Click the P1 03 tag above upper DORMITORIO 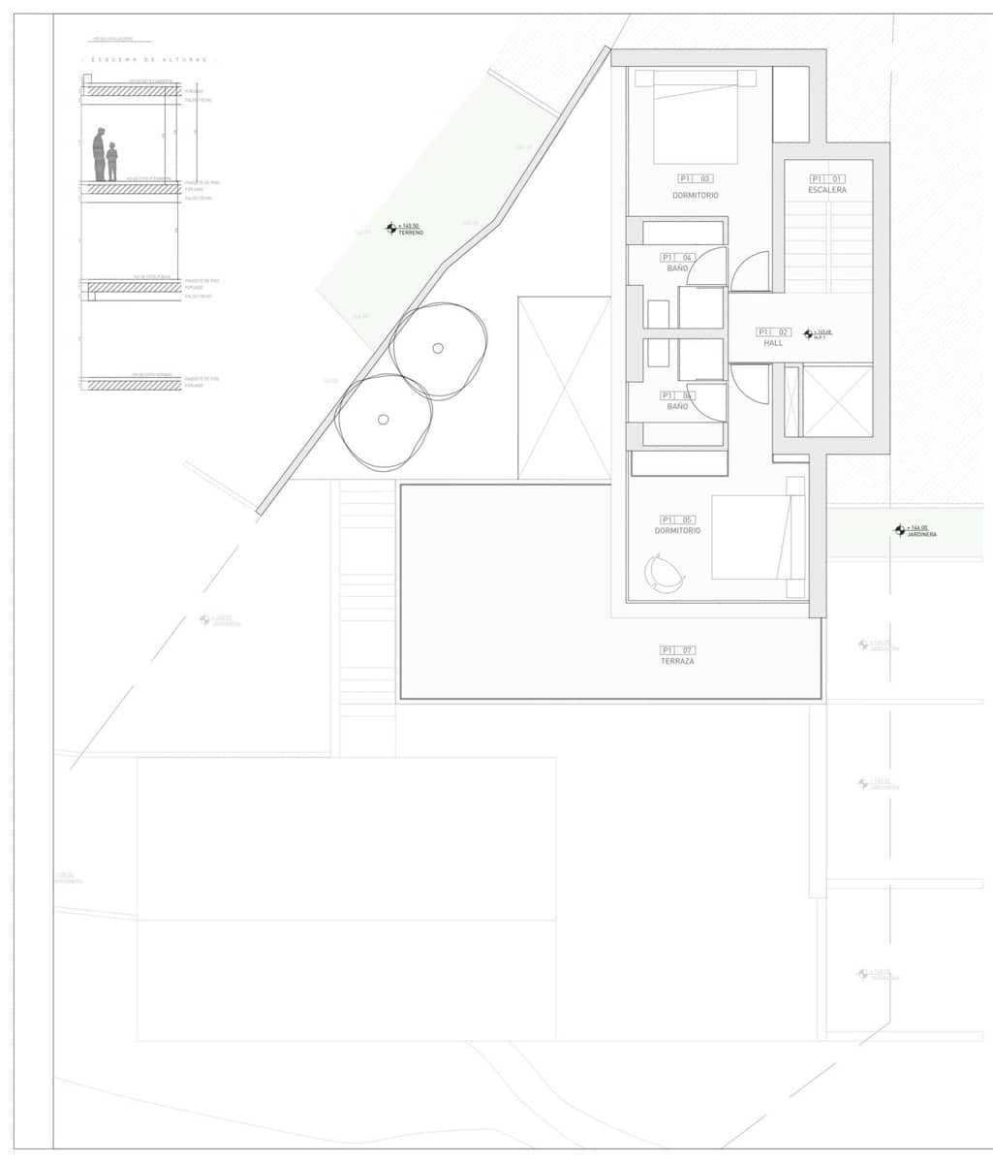click(x=695, y=179)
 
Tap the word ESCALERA click(x=827, y=190)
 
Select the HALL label click(x=773, y=343)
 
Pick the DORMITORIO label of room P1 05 click(x=677, y=530)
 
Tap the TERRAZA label click(x=677, y=661)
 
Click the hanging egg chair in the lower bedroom click(x=665, y=573)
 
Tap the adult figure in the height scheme click(x=99, y=155)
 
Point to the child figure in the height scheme click(x=111, y=162)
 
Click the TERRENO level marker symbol click(x=391, y=229)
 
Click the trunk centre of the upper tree click(x=438, y=349)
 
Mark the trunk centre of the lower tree click(x=384, y=420)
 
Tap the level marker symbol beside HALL click(x=808, y=334)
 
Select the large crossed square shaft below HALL click(x=837, y=400)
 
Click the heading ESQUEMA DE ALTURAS click(x=149, y=60)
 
